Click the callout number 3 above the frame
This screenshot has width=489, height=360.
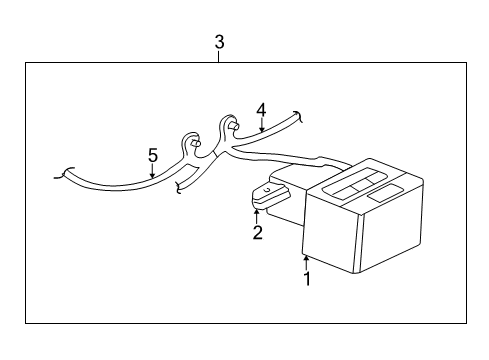click(x=219, y=42)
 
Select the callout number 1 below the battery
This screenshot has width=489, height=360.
click(x=308, y=279)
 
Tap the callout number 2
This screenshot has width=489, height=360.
click(x=257, y=233)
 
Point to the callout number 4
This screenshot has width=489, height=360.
click(x=260, y=109)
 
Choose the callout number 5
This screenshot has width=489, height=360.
click(x=152, y=155)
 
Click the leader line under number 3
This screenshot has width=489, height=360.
click(x=219, y=57)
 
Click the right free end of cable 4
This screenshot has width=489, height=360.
click(x=301, y=116)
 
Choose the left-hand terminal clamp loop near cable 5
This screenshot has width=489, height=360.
click(x=191, y=143)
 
